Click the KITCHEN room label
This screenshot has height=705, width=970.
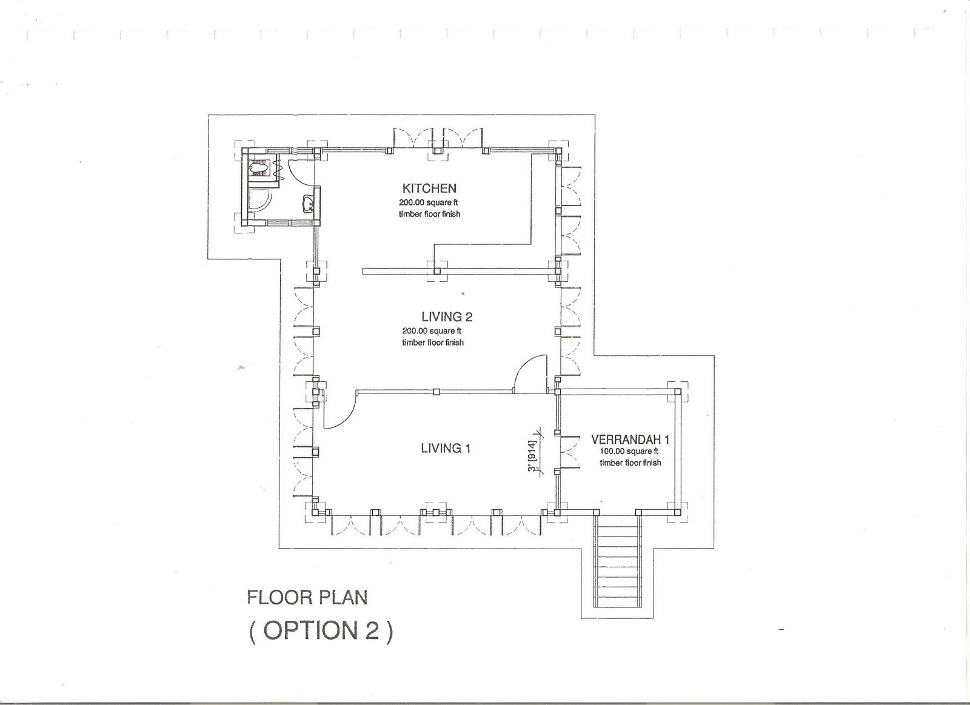[429, 189]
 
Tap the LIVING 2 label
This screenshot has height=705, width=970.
[447, 317]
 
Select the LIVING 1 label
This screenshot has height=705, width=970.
[446, 448]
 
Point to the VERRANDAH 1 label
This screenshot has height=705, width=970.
[630, 440]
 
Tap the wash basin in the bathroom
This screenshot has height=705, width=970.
[309, 204]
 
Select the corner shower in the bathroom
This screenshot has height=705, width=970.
[260, 202]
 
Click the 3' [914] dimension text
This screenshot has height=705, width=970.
[532, 458]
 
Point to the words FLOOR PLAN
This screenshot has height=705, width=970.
[307, 598]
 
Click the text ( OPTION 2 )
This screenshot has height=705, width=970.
[321, 630]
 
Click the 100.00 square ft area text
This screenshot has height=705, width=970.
[629, 451]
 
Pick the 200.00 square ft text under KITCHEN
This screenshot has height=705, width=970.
[429, 202]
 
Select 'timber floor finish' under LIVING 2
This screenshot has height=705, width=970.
[433, 342]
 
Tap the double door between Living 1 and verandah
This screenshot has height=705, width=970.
[569, 451]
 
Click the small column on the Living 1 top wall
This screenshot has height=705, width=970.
[436, 392]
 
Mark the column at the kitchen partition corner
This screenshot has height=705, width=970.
[437, 271]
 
